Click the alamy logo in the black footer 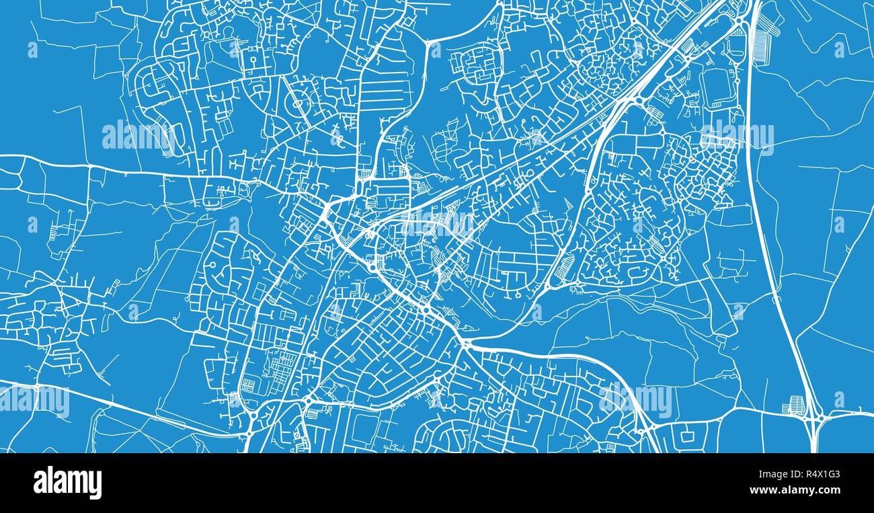(67, 483)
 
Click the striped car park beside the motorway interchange (793, 405)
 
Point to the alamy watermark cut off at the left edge (34, 401)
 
